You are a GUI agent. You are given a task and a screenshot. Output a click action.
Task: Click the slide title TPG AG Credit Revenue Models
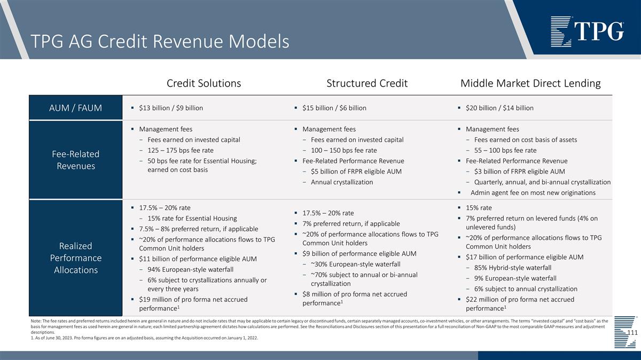(160, 41)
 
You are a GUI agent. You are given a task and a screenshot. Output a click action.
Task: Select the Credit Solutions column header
(204, 83)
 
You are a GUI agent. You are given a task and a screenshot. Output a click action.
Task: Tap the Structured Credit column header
(367, 83)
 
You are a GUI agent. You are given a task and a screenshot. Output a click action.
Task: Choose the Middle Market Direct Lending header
(530, 83)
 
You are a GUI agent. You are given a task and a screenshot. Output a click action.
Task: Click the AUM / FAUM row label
(76, 108)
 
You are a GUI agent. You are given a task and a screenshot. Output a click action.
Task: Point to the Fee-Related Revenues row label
(76, 160)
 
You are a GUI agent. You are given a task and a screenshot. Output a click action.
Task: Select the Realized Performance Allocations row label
(76, 257)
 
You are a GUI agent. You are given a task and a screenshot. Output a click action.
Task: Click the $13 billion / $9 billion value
(170, 108)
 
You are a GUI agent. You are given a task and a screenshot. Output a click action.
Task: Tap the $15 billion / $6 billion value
(334, 108)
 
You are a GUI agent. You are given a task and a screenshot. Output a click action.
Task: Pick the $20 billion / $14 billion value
(499, 108)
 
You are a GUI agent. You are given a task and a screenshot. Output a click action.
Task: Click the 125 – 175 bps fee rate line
(179, 150)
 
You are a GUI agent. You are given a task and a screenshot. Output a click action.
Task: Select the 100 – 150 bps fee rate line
(343, 150)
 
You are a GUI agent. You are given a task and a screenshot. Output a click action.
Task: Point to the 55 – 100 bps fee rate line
(505, 150)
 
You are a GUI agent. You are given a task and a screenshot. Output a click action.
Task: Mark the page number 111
(632, 333)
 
